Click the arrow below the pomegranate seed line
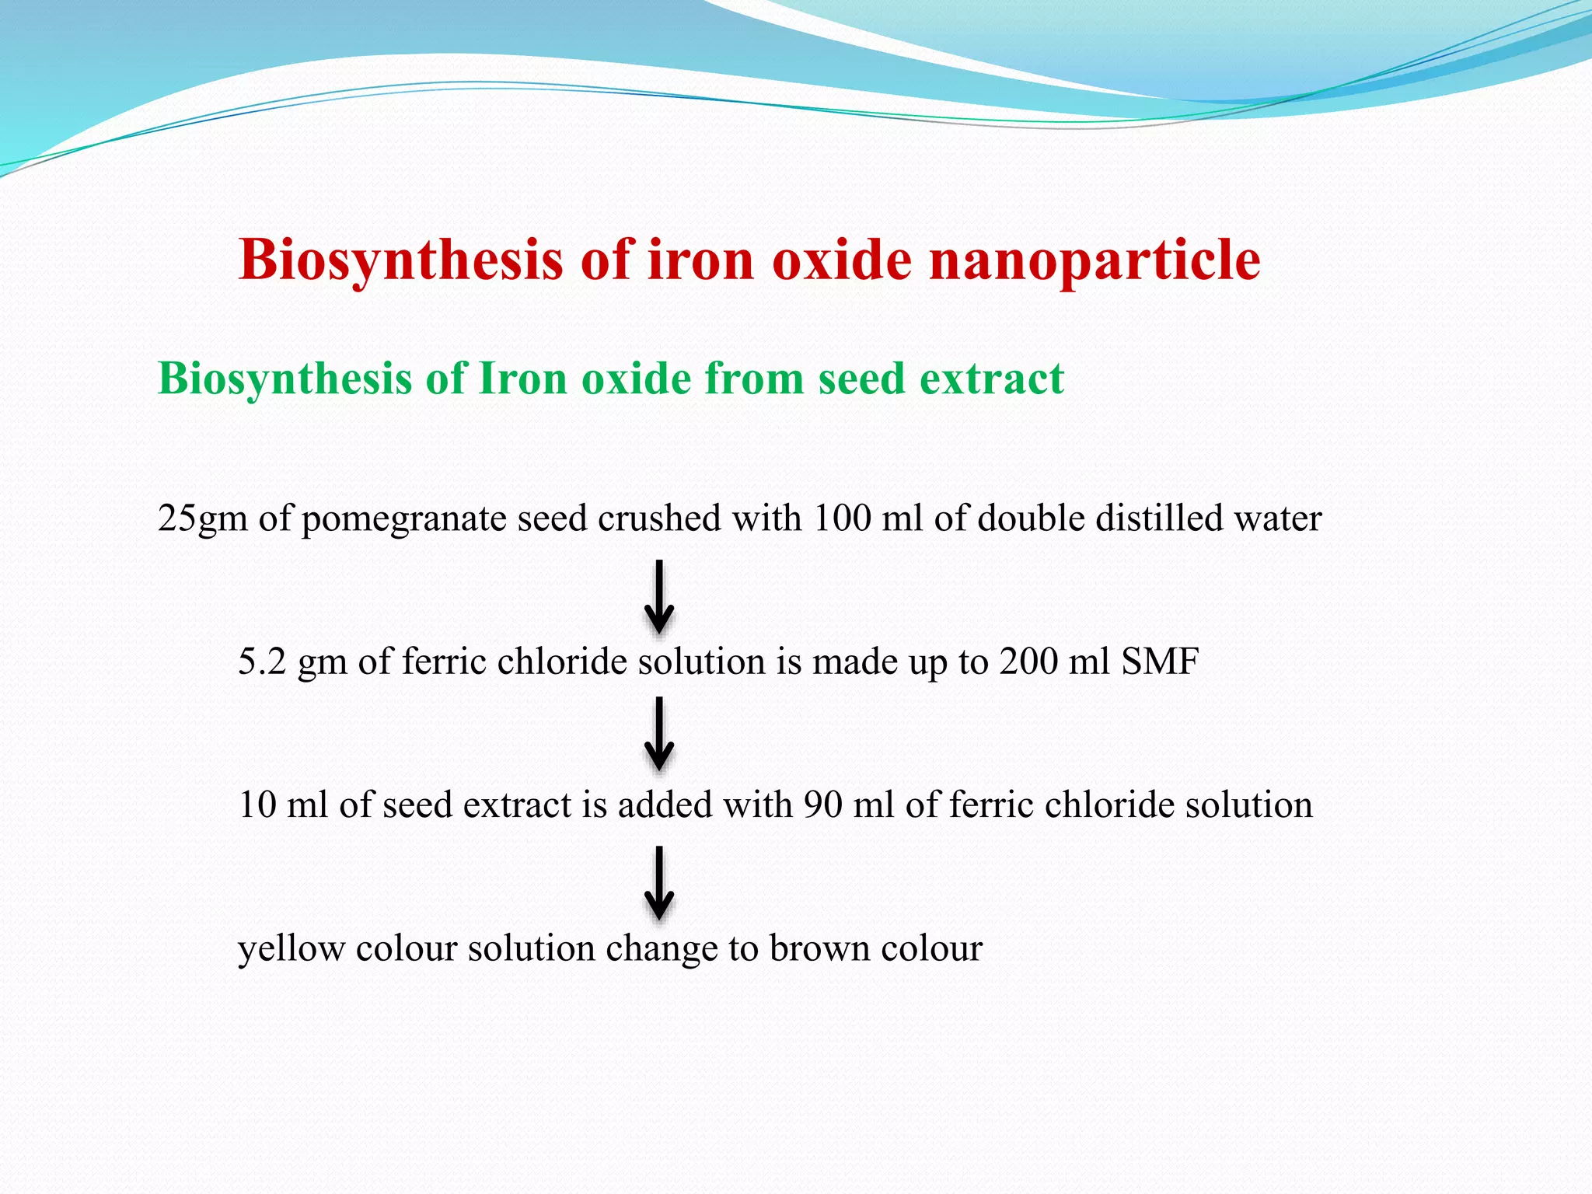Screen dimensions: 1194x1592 [x=659, y=597]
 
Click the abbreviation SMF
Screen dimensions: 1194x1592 [x=1160, y=662]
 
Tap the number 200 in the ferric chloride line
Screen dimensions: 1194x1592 [x=1028, y=662]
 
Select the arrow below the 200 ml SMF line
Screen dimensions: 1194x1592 [x=659, y=733]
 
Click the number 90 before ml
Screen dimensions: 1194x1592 [x=822, y=805]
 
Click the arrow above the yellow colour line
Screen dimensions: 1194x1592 [x=659, y=883]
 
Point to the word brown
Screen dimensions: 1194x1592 [x=815, y=948]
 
